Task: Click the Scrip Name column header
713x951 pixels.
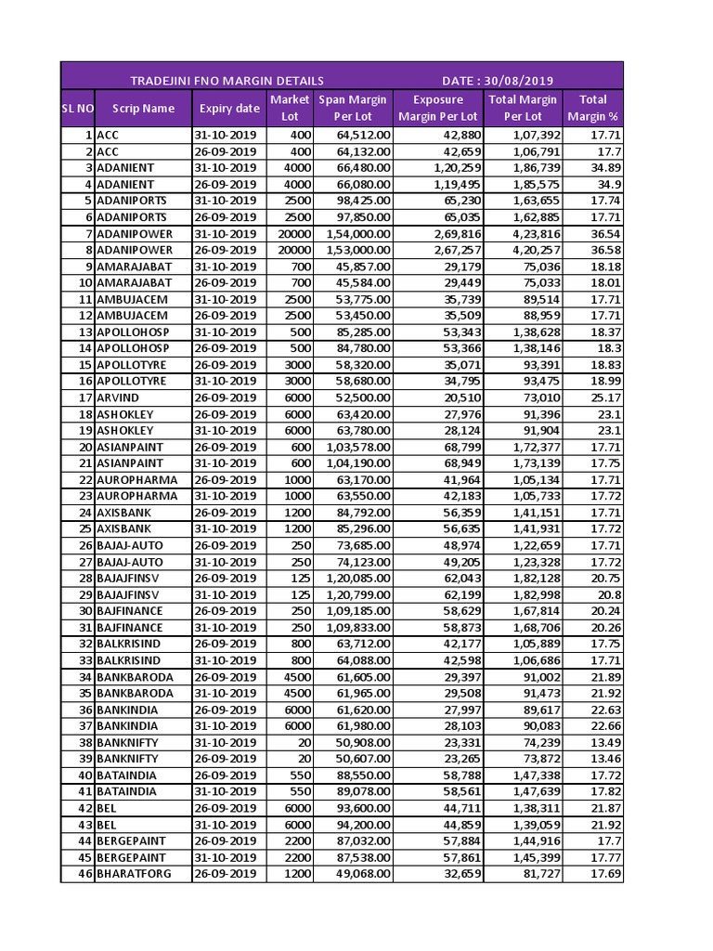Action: coord(143,108)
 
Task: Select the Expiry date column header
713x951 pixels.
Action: coord(229,108)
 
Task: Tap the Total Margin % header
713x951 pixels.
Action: coord(592,108)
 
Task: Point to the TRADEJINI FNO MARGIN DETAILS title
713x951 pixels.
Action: coord(227,81)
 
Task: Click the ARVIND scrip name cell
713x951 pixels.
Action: coord(120,397)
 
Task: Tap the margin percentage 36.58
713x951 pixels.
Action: coord(605,250)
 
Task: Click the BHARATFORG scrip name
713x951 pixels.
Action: coord(134,874)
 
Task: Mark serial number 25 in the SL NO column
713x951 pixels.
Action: coord(85,528)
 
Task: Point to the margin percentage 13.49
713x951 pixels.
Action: coord(605,742)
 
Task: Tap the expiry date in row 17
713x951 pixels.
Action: coord(226,397)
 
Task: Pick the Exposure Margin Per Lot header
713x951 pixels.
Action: coord(437,108)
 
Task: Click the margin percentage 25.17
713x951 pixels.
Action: coord(605,397)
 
